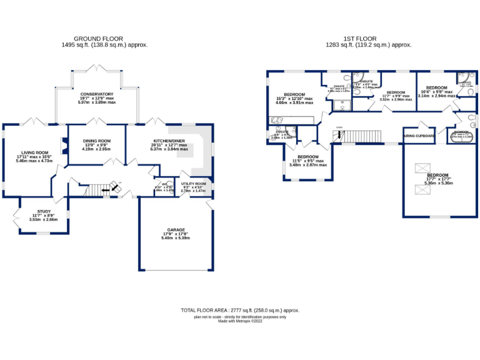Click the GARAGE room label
[x=176, y=229]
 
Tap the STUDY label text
[x=44, y=211]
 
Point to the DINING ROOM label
[x=96, y=141]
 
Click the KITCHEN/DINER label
[x=165, y=141]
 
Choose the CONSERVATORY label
[x=97, y=94]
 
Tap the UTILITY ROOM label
[x=193, y=183]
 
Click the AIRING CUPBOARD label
[x=419, y=135]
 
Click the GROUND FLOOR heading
[x=98, y=38]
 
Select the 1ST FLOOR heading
[x=364, y=38]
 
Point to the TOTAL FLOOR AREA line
[x=240, y=311]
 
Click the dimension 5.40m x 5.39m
[x=176, y=238]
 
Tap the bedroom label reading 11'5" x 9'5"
[x=308, y=156]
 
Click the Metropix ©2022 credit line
[x=240, y=321]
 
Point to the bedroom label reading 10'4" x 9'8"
[x=436, y=87]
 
